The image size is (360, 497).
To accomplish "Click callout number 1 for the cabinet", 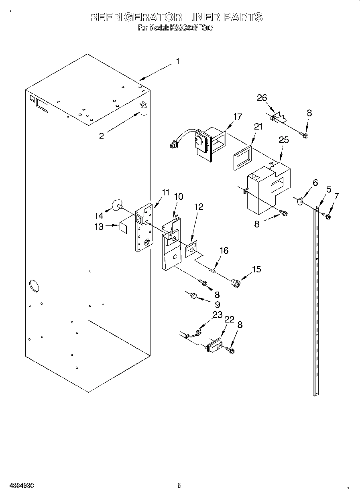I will (x=177, y=61).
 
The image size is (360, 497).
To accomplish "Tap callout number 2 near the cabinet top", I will (x=102, y=136).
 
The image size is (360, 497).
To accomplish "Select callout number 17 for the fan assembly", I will (x=238, y=117).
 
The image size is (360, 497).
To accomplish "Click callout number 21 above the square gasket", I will (x=258, y=127).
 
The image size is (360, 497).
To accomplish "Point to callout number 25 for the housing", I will (x=284, y=140).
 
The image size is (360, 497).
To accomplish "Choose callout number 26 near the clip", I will (x=262, y=98).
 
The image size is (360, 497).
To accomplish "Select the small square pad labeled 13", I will (x=124, y=227).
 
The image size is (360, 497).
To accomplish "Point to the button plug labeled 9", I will (x=193, y=296).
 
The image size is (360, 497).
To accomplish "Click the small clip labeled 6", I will (x=300, y=201).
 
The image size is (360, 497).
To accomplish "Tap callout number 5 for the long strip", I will (x=329, y=189).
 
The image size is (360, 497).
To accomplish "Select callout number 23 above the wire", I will (x=217, y=315).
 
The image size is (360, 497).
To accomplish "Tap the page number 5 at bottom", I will (x=179, y=485).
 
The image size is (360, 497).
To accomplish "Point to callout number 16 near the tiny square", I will (x=224, y=251).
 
